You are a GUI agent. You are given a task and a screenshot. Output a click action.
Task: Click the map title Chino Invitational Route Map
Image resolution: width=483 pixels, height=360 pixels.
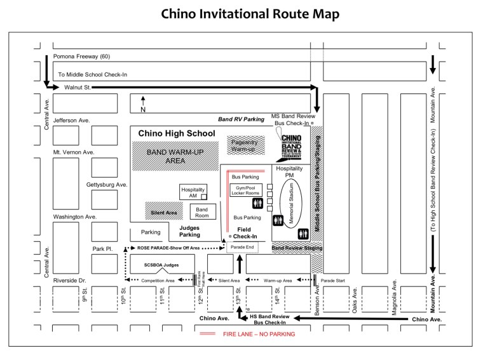click(x=241, y=13)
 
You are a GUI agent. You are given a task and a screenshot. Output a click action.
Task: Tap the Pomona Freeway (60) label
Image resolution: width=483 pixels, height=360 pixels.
click(x=82, y=57)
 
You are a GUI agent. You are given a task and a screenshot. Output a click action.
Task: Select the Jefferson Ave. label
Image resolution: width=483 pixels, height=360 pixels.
click(x=72, y=119)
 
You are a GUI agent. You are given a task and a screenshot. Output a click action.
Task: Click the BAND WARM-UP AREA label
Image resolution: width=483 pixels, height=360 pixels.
click(x=166, y=156)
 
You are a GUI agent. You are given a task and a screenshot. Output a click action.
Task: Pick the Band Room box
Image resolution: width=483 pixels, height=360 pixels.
click(x=202, y=211)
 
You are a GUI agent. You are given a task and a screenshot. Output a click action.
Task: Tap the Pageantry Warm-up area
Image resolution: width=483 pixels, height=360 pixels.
click(x=244, y=146)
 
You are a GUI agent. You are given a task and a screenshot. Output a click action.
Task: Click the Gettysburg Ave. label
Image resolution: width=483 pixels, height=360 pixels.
click(x=107, y=185)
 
